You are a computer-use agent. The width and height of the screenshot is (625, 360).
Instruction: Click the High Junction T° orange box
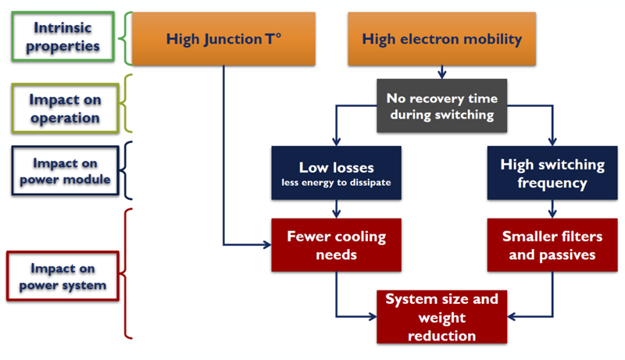224,38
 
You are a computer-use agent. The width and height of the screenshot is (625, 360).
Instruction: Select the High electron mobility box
441,38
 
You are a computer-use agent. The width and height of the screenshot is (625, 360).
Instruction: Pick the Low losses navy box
336,173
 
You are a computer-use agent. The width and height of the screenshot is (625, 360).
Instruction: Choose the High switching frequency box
552,173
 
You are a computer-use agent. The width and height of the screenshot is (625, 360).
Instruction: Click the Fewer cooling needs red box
336,244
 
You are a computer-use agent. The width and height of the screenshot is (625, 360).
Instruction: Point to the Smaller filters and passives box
552,244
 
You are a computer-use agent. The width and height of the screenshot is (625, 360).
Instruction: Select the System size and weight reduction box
441,317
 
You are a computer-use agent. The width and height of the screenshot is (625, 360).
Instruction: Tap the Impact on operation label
65,109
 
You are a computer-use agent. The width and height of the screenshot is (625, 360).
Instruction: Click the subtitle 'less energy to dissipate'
336,184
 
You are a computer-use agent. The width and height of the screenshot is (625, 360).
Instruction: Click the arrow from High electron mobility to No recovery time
441,72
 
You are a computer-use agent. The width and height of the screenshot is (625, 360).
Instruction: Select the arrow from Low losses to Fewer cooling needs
336,209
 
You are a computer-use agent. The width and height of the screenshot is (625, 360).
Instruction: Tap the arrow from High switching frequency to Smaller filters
552,209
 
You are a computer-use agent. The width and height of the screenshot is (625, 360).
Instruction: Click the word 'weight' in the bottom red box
442,318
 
